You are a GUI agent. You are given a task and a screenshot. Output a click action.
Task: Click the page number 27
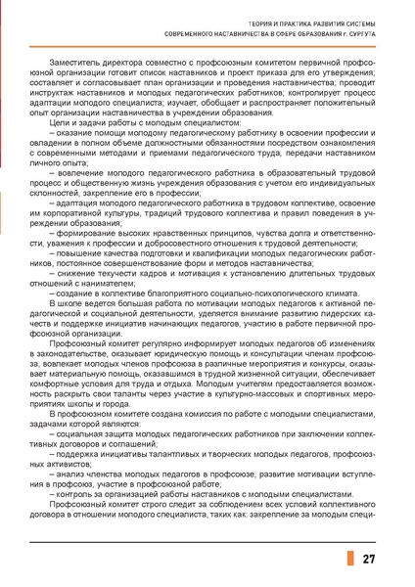[369, 560]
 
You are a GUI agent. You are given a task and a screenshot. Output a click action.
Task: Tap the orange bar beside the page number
[348, 559]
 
